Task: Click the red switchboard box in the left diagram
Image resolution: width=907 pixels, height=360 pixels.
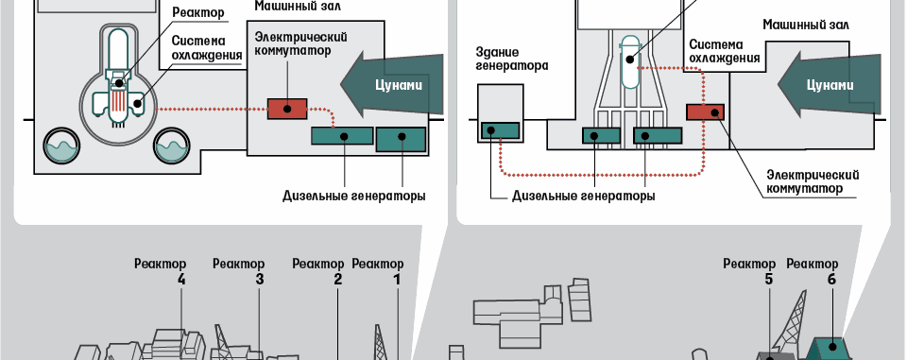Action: pos(287,109)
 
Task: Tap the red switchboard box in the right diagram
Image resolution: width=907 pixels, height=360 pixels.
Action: pos(705,111)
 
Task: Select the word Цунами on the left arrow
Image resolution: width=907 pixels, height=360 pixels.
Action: pos(400,86)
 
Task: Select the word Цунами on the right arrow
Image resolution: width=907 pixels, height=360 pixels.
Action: pos(830,86)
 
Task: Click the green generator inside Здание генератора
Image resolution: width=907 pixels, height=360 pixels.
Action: pos(500,130)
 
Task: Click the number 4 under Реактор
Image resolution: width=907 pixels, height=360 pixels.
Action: pos(181,279)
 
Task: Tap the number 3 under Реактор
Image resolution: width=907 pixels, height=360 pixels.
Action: pos(260,279)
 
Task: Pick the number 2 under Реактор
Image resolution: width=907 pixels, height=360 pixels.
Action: pos(338,279)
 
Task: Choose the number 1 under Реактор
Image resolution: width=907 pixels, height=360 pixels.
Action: pos(397,279)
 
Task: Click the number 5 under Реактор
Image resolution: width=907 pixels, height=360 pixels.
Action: pos(769,279)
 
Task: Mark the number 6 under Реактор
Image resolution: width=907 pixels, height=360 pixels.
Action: pos(831,279)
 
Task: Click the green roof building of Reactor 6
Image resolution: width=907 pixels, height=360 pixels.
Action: pos(831,349)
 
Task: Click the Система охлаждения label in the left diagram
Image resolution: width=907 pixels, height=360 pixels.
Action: pos(207,48)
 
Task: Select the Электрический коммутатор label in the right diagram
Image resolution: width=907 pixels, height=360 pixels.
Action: pos(813,181)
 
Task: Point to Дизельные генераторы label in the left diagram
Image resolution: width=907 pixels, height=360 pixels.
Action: pos(354,196)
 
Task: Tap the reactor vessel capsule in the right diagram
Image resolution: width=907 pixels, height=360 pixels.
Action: pos(629,61)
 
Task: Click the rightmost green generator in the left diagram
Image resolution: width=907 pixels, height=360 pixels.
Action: pos(401,139)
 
